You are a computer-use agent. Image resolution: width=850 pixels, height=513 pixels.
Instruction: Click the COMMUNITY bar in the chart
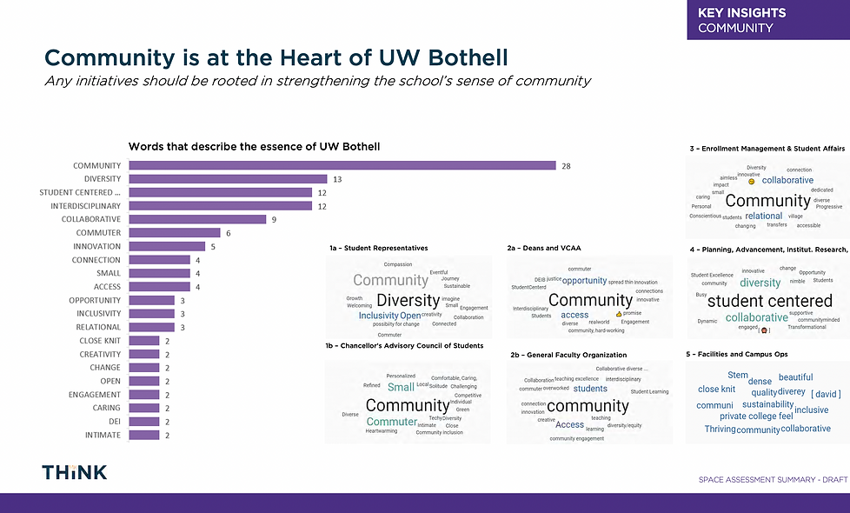(342, 165)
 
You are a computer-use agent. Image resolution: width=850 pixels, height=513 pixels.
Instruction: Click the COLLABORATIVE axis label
(90, 219)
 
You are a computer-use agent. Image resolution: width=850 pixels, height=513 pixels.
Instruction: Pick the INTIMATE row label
(103, 435)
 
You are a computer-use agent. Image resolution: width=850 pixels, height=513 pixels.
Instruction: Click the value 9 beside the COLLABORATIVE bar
(274, 219)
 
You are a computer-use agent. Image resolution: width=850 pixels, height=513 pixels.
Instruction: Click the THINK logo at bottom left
(75, 472)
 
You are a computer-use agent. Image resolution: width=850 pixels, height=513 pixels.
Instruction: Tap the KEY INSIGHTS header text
(741, 12)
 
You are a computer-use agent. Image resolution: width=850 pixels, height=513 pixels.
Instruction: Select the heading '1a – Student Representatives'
(378, 248)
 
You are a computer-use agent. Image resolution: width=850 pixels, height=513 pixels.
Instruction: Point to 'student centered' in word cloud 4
(769, 301)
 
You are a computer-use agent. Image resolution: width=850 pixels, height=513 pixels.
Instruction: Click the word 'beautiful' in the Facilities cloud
(795, 377)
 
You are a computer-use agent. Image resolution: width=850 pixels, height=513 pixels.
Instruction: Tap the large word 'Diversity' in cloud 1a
(408, 301)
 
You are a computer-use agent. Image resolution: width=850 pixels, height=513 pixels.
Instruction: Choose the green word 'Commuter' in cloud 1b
(391, 422)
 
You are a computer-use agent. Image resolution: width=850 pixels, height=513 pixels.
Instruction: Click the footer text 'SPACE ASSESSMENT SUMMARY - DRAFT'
(773, 480)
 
